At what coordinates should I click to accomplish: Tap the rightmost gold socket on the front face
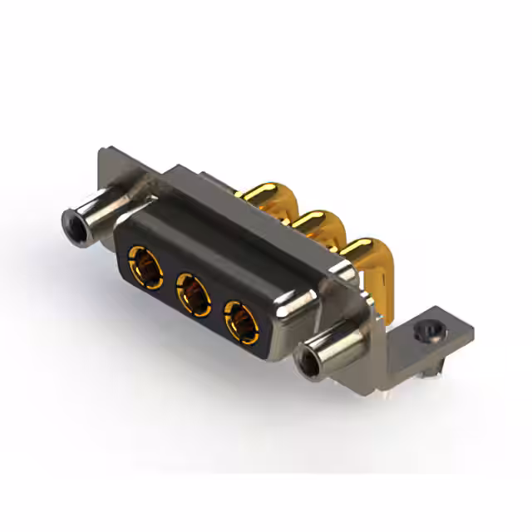240,323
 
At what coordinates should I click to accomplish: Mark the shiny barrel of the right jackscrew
337,347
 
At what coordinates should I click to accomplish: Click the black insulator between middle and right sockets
217,309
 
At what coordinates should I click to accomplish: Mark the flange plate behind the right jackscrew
366,312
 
